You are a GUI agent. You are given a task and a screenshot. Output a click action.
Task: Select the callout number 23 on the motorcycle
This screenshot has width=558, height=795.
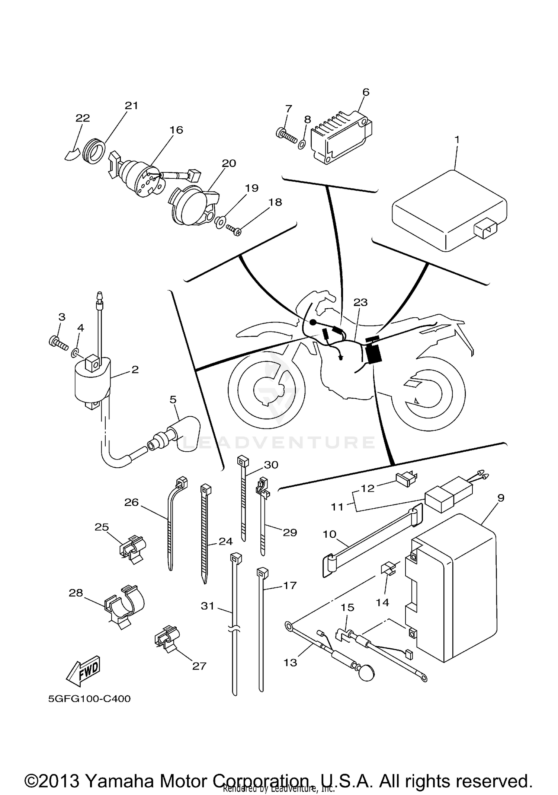(x=360, y=302)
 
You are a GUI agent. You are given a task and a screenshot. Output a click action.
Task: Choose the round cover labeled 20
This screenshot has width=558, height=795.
(x=192, y=205)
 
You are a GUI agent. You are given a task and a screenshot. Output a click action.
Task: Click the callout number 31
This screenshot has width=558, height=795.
(x=208, y=606)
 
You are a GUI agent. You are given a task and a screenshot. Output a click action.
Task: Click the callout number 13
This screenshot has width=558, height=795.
(x=290, y=662)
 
